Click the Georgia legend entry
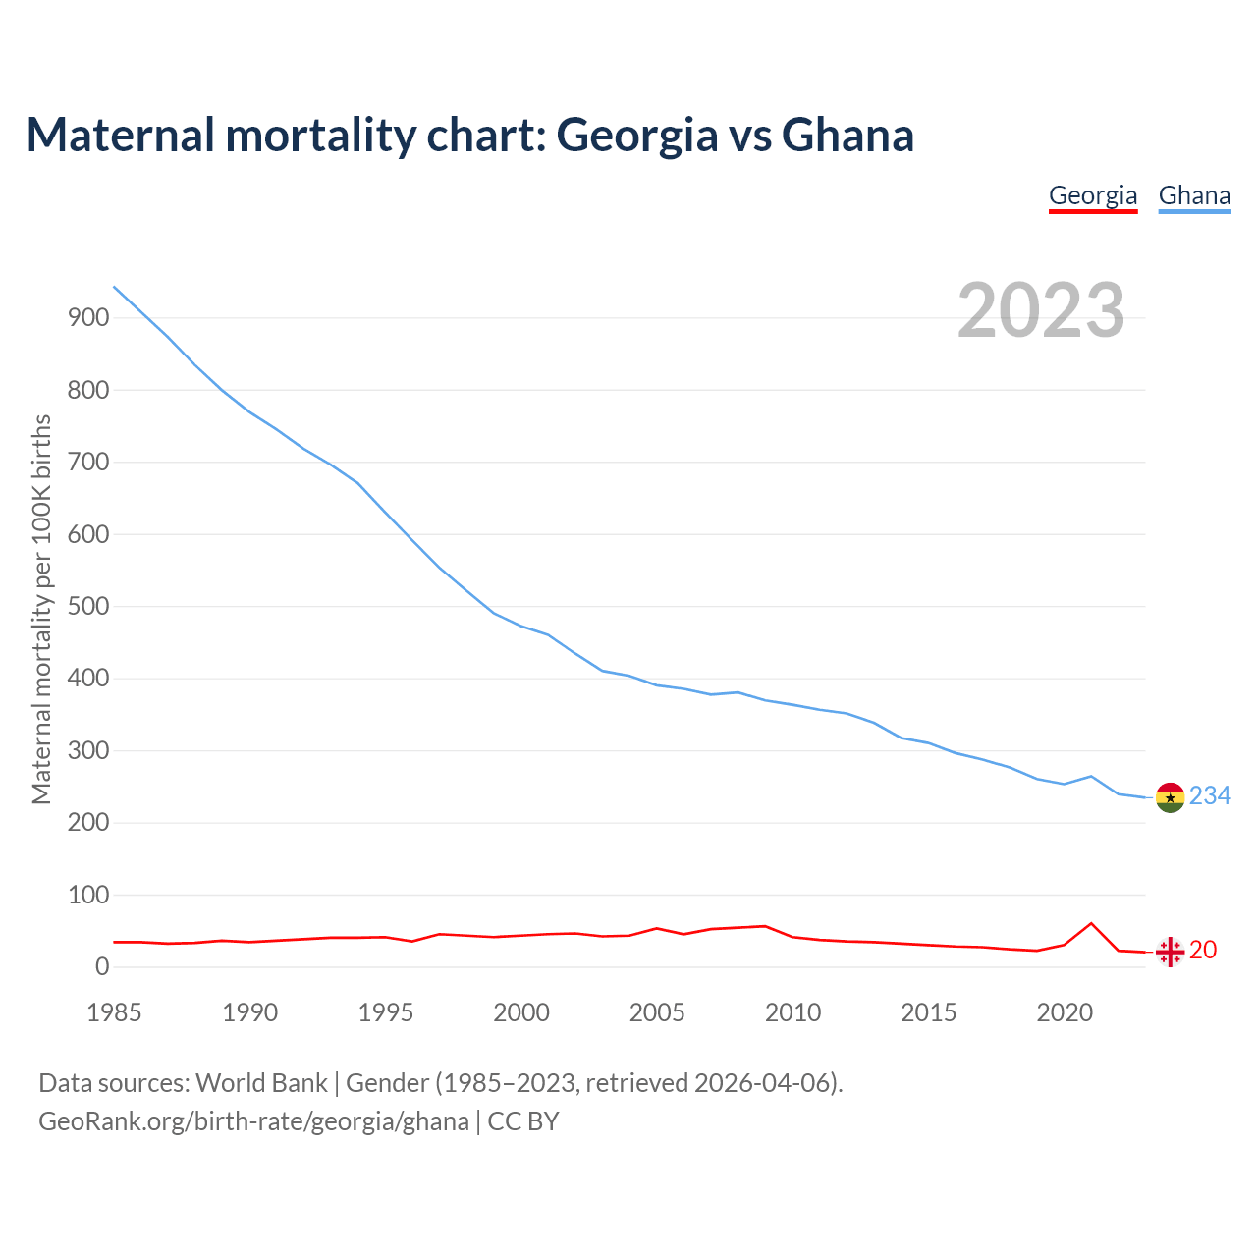(x=1092, y=195)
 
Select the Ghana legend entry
(x=1194, y=195)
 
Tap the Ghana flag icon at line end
(x=1170, y=797)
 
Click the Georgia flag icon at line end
(x=1170, y=952)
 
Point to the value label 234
(x=1210, y=795)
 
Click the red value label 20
(x=1203, y=950)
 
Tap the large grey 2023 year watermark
(x=1041, y=310)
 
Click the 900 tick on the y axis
(x=87, y=317)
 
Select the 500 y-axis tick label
(x=87, y=606)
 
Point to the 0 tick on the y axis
(x=102, y=966)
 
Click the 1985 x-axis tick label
(x=114, y=1012)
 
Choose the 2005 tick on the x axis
(x=657, y=1012)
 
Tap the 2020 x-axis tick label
(x=1065, y=1012)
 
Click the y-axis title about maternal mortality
(x=41, y=609)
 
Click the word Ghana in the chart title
(x=847, y=135)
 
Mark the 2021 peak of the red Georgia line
(x=1091, y=923)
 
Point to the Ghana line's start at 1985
(x=115, y=287)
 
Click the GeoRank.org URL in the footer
(x=253, y=1120)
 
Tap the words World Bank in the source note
(x=261, y=1082)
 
